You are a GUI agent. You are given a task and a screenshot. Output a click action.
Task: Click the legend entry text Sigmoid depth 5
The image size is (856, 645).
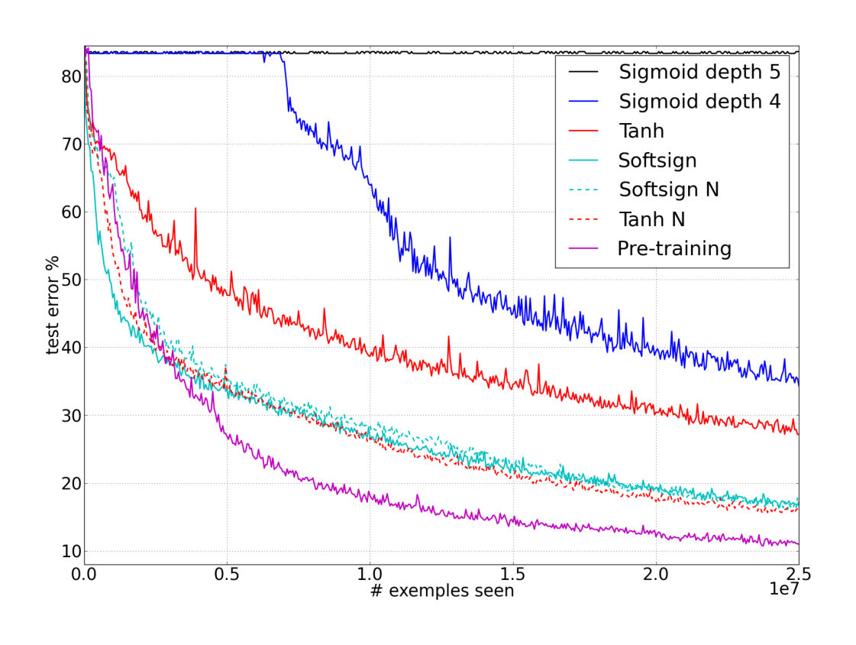pos(699,73)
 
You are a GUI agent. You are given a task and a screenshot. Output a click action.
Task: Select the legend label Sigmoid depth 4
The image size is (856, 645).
pos(699,102)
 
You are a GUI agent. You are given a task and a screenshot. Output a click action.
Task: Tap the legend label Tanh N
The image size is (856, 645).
pos(651,219)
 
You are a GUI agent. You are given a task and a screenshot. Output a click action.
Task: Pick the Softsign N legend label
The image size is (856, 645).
pos(668,190)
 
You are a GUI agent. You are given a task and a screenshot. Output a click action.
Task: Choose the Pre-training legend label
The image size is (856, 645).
pos(674,248)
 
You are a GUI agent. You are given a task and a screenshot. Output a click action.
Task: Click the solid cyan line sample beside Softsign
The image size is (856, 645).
pos(585,160)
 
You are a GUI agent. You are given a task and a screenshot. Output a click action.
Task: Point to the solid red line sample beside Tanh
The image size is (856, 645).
pos(585,131)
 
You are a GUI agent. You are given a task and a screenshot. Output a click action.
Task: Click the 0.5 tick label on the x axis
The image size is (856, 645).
pos(227,573)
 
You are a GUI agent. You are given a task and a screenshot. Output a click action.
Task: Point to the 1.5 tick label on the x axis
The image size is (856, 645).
pos(513,573)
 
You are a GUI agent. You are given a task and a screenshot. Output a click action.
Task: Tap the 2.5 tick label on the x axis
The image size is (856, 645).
pos(798,573)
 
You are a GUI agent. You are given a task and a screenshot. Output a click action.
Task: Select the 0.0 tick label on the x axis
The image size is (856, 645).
pos(85,573)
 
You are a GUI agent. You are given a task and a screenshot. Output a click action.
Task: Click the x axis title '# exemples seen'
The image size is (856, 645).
pos(442,591)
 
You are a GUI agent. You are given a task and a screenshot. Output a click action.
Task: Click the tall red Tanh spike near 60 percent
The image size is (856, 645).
pos(195,209)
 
